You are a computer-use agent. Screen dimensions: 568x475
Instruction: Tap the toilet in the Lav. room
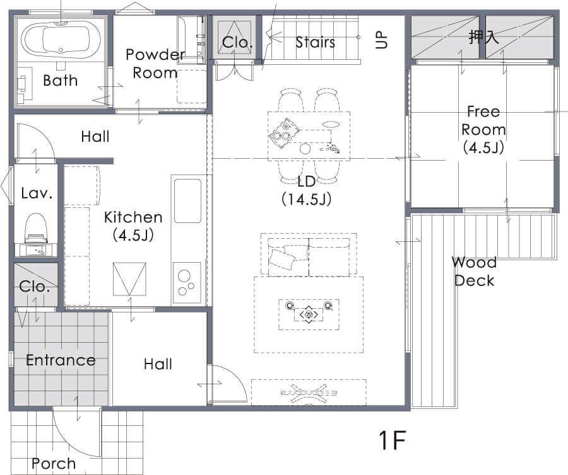[36, 229]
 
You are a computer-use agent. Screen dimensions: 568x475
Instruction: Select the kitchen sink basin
[187, 201]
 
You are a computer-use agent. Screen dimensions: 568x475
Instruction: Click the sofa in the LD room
[309, 256]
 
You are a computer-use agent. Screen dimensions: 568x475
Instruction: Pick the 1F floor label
[393, 440]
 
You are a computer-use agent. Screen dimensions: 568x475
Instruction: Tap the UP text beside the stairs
[382, 40]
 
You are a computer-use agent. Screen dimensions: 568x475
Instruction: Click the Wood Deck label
[474, 271]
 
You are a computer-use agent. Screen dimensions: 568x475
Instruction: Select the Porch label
[54, 464]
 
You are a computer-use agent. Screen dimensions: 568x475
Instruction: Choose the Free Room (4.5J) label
[483, 129]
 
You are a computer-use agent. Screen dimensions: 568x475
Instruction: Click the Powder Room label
[156, 64]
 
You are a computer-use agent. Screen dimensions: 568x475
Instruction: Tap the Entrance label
[61, 360]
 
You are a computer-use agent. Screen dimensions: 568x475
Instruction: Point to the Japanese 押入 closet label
[483, 37]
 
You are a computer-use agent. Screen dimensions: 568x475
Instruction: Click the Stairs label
[315, 42]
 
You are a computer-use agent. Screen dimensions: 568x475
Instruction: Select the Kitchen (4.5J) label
[133, 226]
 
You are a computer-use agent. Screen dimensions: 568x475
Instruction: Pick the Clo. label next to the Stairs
[237, 42]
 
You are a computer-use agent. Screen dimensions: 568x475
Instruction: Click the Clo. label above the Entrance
[35, 286]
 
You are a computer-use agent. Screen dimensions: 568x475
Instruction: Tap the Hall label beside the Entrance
[158, 363]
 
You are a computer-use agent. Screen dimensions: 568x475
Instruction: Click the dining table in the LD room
[309, 136]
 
